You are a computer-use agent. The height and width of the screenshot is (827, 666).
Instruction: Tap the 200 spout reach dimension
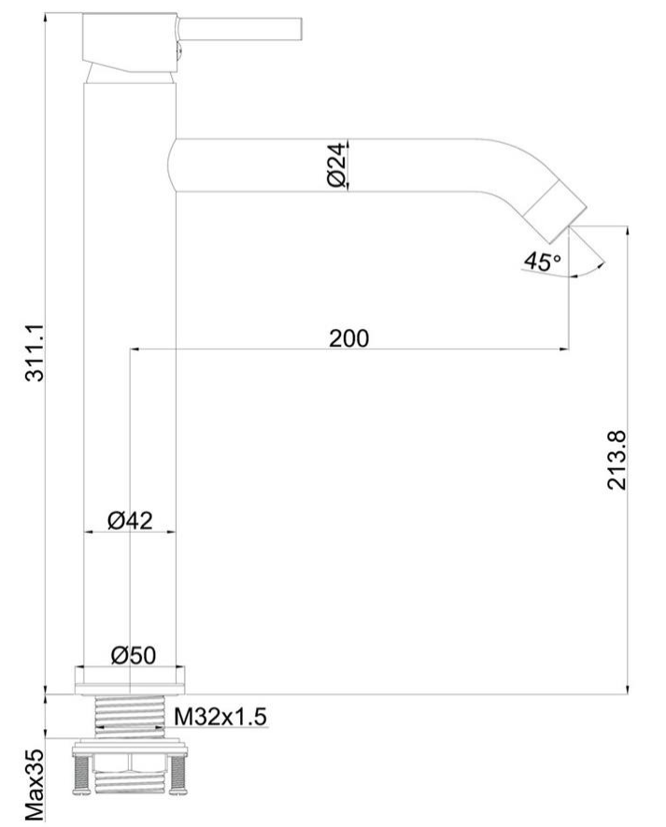[348, 337]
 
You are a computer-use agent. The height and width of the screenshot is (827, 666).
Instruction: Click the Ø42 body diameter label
[130, 520]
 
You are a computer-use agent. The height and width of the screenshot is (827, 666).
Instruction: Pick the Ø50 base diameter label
[132, 656]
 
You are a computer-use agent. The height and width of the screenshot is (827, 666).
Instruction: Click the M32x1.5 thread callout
[221, 716]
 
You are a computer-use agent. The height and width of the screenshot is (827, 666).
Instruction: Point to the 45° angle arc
[587, 271]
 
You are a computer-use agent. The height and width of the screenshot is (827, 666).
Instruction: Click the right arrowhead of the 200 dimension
[564, 349]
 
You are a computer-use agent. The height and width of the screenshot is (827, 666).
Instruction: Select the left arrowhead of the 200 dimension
[134, 349]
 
